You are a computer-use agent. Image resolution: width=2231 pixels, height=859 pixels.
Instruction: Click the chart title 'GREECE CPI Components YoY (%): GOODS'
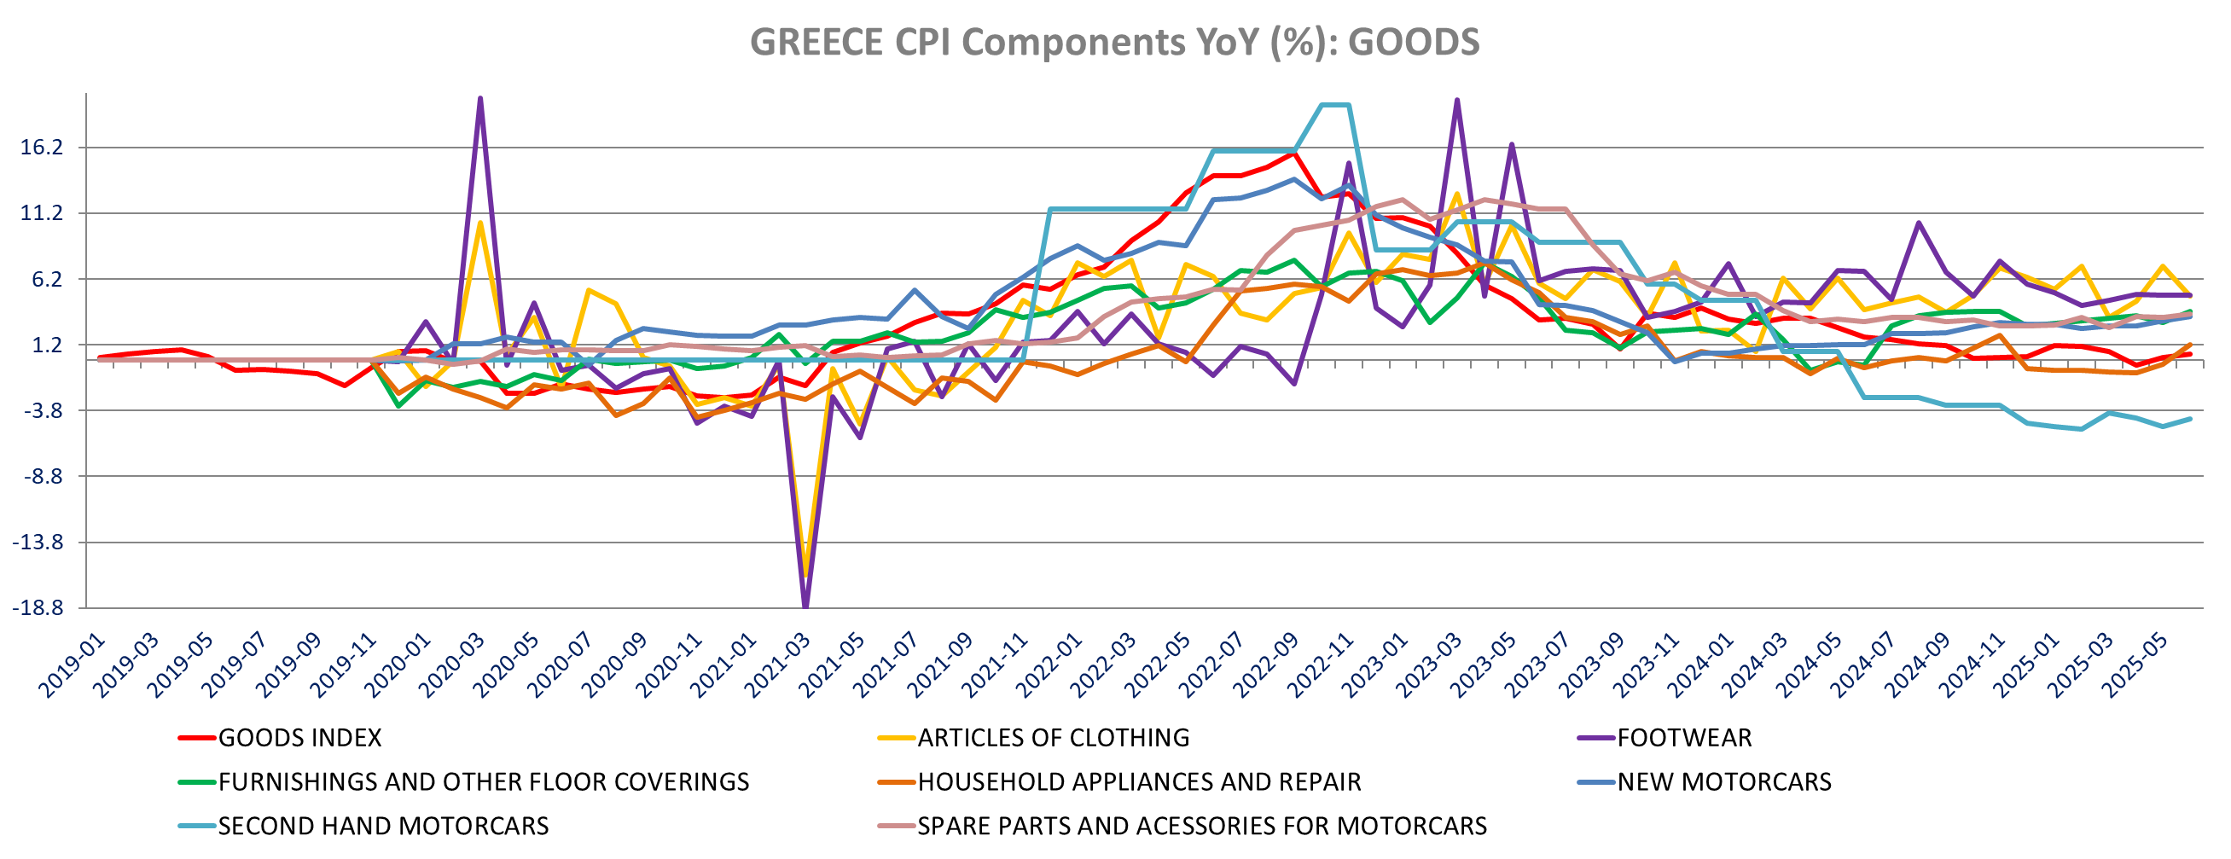(x=1114, y=42)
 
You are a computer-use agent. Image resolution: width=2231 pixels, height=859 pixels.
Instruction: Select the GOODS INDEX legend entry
(x=299, y=738)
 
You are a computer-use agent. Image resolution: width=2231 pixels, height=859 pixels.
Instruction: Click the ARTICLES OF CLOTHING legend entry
(x=1052, y=738)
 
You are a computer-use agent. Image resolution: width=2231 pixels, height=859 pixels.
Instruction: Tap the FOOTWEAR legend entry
(x=1683, y=738)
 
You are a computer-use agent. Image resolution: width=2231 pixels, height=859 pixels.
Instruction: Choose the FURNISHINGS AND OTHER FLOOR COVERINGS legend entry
(x=482, y=782)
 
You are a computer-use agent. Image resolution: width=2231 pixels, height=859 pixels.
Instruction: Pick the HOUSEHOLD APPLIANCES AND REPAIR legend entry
(x=1139, y=782)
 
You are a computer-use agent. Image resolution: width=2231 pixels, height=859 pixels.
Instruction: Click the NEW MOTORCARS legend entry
(x=1723, y=782)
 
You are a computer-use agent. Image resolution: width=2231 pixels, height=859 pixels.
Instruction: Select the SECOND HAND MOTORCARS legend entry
(x=383, y=826)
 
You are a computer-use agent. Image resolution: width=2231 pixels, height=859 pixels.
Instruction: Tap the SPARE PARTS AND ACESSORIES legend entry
(x=1201, y=826)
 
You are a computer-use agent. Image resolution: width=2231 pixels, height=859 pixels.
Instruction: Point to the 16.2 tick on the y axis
(x=43, y=148)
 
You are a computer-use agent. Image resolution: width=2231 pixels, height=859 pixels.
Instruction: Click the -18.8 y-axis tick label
(x=38, y=608)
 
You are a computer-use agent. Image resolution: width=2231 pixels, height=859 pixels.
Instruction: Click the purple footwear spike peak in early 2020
(x=479, y=99)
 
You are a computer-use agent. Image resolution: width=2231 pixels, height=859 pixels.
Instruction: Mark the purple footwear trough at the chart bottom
(x=806, y=606)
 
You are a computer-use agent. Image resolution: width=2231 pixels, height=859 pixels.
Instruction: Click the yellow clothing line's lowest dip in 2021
(x=806, y=573)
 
